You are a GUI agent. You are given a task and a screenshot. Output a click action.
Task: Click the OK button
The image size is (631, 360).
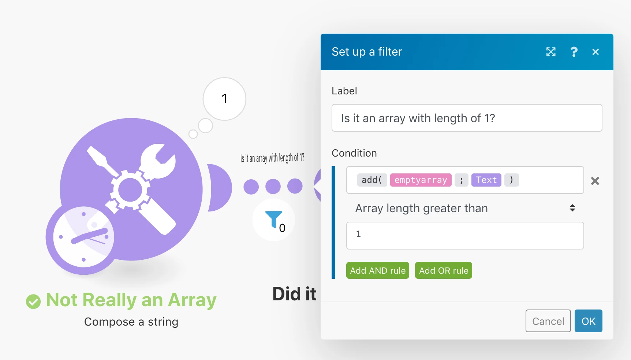click(588, 321)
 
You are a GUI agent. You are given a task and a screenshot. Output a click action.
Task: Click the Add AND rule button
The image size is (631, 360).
click(378, 270)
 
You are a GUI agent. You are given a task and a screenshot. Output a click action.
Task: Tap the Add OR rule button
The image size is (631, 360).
click(444, 270)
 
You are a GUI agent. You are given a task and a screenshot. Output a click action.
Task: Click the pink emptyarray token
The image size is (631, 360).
click(421, 180)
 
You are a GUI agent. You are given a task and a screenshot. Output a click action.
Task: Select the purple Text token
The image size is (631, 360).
click(486, 180)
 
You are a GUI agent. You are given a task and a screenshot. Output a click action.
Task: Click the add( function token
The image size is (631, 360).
click(372, 180)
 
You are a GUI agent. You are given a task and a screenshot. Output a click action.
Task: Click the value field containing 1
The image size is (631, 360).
click(465, 236)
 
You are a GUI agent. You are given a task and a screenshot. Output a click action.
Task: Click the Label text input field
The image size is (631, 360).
click(467, 118)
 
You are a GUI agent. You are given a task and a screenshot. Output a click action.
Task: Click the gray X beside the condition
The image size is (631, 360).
click(595, 181)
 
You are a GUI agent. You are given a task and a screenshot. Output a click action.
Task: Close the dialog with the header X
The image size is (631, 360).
click(595, 52)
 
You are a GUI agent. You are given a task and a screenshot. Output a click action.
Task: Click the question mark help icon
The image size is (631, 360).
click(574, 52)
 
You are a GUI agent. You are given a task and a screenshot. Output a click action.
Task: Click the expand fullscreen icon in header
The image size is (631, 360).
click(551, 52)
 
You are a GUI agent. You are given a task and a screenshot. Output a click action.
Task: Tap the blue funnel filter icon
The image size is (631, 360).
click(273, 219)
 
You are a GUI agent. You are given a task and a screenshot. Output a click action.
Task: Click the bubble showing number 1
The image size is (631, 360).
click(224, 99)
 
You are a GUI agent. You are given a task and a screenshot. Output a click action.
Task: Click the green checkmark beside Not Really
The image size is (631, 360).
click(33, 301)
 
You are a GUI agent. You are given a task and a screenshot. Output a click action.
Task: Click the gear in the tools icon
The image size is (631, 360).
click(130, 190)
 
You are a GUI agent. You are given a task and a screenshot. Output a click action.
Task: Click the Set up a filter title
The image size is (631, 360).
click(367, 52)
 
